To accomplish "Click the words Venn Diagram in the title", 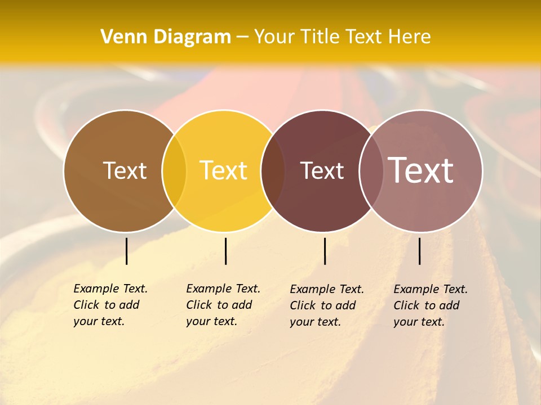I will tap(166, 37).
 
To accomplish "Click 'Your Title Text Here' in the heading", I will tap(343, 37).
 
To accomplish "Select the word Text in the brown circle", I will tap(125, 170).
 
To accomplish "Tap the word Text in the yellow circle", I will tap(224, 170).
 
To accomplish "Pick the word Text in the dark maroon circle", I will tap(322, 170).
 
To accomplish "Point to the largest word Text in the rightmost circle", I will tap(421, 170).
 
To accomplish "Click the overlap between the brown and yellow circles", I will tap(174, 170).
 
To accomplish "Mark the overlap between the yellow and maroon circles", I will tap(273, 170).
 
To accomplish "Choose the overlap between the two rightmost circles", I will tap(371, 170).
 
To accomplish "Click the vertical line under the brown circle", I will tap(126, 251).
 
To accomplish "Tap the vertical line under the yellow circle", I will tap(225, 251).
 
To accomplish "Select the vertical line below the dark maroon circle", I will tap(325, 251).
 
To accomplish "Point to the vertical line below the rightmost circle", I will tap(419, 251).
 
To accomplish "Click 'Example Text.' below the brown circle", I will tap(110, 289).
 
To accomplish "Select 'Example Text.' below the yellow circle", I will tap(223, 289).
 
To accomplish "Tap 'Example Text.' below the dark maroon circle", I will tap(327, 289).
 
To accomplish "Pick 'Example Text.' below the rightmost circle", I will tap(431, 289).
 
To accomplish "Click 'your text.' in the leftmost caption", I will tap(99, 321).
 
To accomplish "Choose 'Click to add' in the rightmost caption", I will tap(427, 305).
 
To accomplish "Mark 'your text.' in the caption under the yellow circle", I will tap(211, 321).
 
